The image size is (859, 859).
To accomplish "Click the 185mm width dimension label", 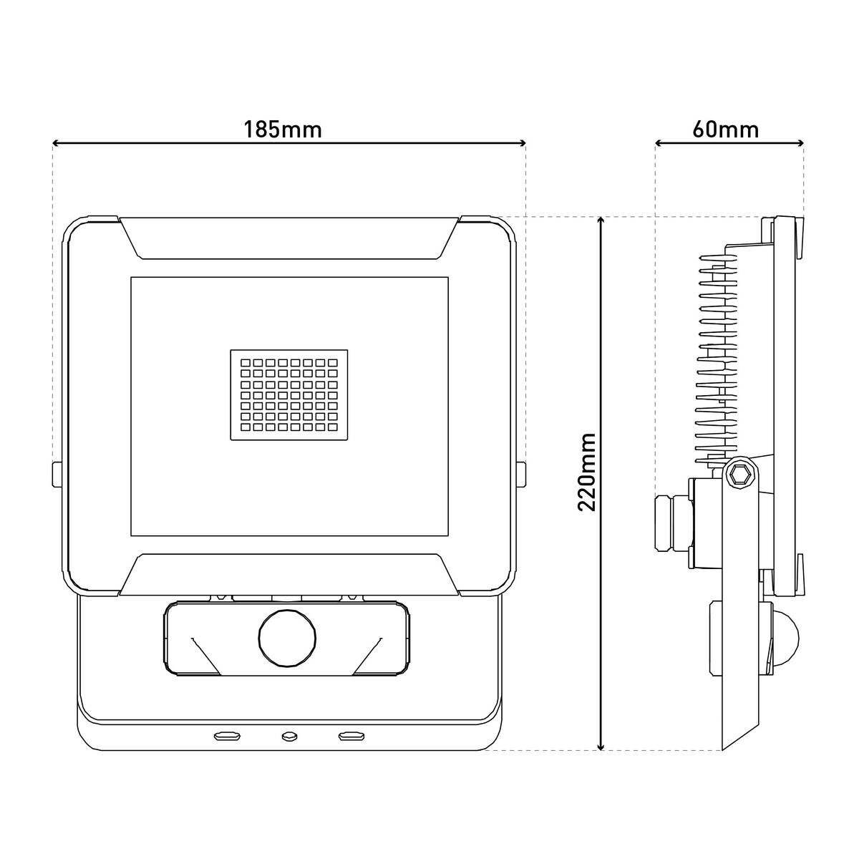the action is (282, 130).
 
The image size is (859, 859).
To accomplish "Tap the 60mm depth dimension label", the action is (725, 130).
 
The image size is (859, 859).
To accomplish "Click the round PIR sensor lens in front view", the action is (288, 638).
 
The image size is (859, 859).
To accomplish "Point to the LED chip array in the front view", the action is (289, 395).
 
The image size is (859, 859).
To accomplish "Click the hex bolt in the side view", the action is (740, 478).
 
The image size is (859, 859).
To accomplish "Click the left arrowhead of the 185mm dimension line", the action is (57, 143).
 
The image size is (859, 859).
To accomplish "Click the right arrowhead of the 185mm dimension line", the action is (522, 143).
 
